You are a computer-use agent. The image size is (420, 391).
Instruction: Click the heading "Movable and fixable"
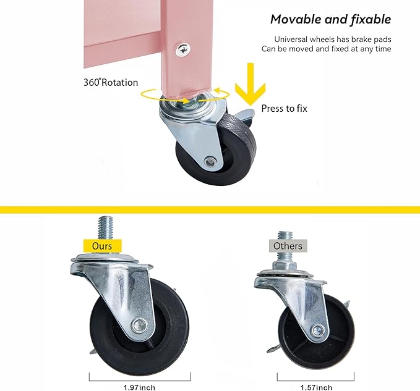click(330, 20)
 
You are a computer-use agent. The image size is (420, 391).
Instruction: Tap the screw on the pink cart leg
click(183, 50)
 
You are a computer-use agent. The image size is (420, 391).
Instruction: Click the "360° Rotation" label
click(111, 82)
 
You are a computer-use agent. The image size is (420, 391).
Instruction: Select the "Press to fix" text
click(284, 108)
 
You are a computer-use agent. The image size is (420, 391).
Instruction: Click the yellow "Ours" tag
click(102, 246)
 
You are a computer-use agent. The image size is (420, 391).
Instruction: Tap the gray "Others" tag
click(288, 246)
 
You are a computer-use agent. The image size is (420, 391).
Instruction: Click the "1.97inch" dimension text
click(139, 387)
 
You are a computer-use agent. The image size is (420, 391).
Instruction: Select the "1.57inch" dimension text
click(316, 387)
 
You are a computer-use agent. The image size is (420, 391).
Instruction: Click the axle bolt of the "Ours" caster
click(139, 325)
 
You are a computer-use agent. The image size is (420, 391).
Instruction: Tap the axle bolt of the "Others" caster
click(318, 330)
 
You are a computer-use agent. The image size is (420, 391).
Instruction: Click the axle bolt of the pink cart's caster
click(210, 161)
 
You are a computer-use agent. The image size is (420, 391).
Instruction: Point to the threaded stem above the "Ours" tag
click(105, 228)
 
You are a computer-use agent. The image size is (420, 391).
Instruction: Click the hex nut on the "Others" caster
click(285, 266)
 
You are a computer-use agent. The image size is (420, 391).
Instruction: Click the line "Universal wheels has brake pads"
click(333, 40)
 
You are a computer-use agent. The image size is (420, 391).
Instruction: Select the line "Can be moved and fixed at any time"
click(326, 49)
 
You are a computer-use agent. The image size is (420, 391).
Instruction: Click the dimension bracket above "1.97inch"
click(140, 380)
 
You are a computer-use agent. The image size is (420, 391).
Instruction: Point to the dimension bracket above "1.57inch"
click(315, 380)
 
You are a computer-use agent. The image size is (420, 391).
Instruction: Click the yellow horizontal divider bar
click(210, 209)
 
